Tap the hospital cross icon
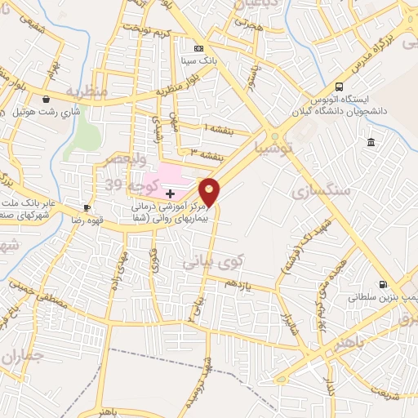pos(170,193)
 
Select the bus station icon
pos(339,87)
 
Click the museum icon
pos(371,143)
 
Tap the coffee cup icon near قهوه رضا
pos(87,207)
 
